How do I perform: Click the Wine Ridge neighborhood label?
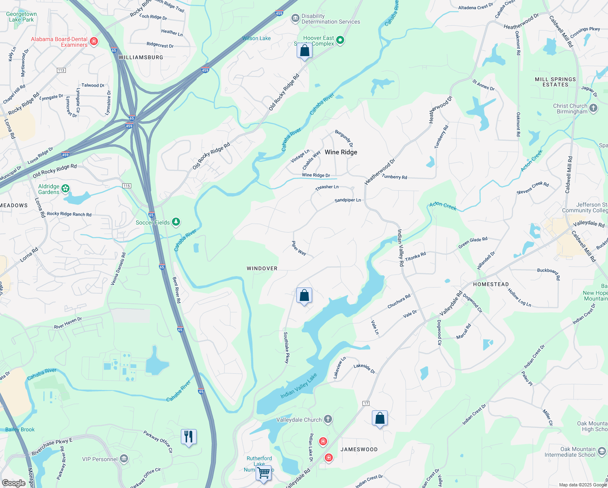(x=341, y=152)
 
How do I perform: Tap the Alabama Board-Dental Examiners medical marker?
(x=94, y=41)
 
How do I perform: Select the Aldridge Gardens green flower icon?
(x=65, y=189)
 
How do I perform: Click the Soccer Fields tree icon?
(x=176, y=222)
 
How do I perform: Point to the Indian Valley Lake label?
(x=299, y=386)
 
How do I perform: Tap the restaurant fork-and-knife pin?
(x=189, y=437)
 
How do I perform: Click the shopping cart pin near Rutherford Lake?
(x=264, y=473)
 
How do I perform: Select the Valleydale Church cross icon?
(x=328, y=419)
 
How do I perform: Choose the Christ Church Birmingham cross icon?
(x=593, y=108)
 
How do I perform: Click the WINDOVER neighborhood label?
(x=262, y=268)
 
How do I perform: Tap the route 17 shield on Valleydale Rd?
(x=366, y=403)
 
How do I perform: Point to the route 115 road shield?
(x=127, y=186)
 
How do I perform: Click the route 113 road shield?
(x=61, y=70)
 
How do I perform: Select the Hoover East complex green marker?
(x=340, y=40)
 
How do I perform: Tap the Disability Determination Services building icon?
(x=295, y=18)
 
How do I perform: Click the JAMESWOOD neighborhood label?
(x=359, y=449)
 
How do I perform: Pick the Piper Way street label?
(x=299, y=248)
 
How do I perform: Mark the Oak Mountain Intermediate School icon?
(x=602, y=451)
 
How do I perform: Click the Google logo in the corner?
(x=13, y=483)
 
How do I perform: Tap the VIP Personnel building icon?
(x=124, y=459)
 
